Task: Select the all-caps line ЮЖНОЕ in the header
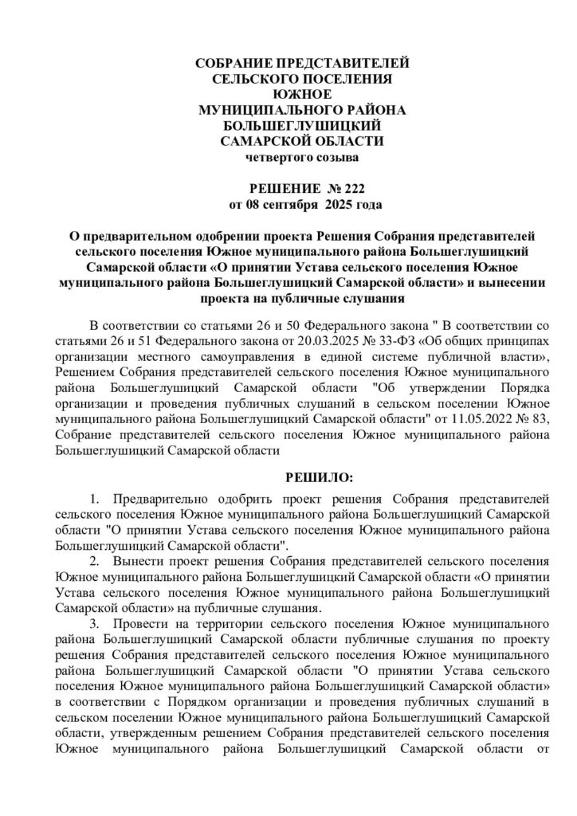(290, 94)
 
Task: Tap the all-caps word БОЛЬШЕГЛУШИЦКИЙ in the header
(290, 126)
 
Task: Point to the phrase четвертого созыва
(290, 158)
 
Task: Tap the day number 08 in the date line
(250, 205)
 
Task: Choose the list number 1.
(94, 500)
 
